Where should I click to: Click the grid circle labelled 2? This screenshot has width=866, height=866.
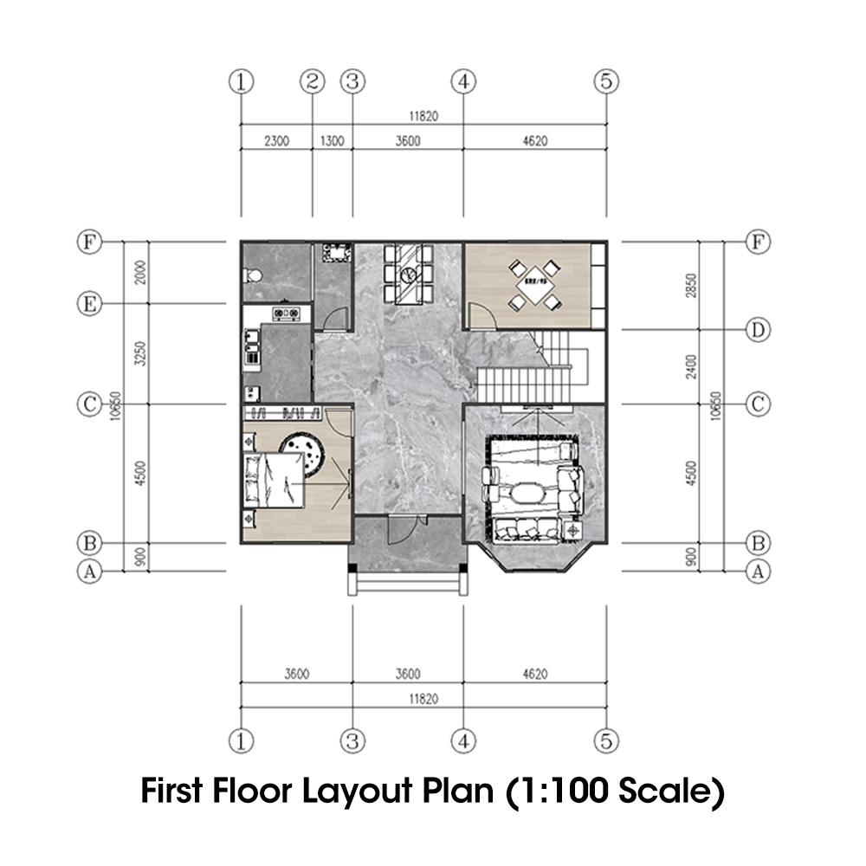pyautogui.click(x=312, y=82)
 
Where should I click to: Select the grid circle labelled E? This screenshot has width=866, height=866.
pyautogui.click(x=88, y=304)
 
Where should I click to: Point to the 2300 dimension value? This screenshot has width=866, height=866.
pyautogui.click(x=275, y=141)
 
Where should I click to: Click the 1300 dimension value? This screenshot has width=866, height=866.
pyautogui.click(x=332, y=141)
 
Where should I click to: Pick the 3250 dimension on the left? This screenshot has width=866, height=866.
pyautogui.click(x=142, y=354)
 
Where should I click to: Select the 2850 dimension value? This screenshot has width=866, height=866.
pyautogui.click(x=690, y=286)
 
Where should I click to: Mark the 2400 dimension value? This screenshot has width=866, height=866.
pyautogui.click(x=690, y=367)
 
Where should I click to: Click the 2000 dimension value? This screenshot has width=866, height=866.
pyautogui.click(x=142, y=273)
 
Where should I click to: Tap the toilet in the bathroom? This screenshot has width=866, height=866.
pyautogui.click(x=253, y=275)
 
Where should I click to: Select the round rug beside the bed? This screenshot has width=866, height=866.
pyautogui.click(x=306, y=451)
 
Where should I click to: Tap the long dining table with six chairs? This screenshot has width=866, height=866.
pyautogui.click(x=406, y=274)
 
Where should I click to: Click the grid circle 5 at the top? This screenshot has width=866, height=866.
pyautogui.click(x=606, y=82)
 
